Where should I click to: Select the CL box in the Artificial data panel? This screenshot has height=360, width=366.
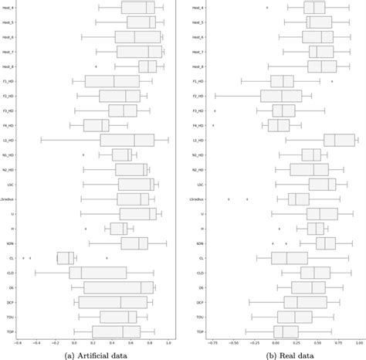pyautogui.click(x=65, y=258)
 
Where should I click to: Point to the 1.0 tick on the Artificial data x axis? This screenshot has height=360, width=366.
pyautogui.click(x=168, y=342)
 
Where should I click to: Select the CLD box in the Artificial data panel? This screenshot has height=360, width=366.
pyautogui.click(x=98, y=273)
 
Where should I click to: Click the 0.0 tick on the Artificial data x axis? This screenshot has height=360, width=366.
pyautogui.click(x=74, y=342)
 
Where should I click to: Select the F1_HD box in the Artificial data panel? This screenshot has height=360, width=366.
pyautogui.click(x=112, y=81)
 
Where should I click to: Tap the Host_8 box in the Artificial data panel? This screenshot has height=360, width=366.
pyautogui.click(x=147, y=66)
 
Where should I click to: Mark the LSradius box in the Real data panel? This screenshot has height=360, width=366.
pyautogui.click(x=298, y=199)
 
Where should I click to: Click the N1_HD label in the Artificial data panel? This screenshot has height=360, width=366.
pyautogui.click(x=7, y=155)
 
